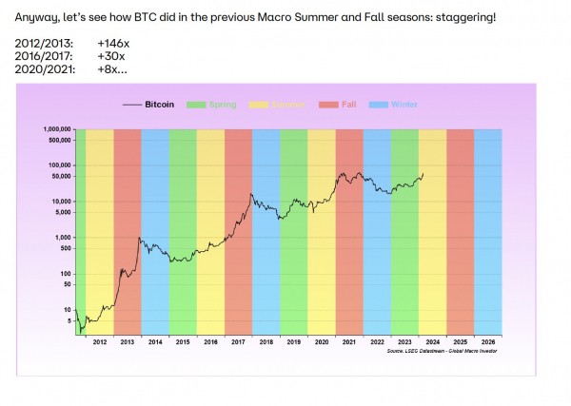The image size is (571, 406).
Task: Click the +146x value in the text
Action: [x=112, y=45]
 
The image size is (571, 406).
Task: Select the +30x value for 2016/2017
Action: [x=110, y=57]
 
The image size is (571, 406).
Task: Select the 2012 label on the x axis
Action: [x=99, y=341]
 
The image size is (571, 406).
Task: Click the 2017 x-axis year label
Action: [x=238, y=341]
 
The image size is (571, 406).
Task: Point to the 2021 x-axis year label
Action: [x=349, y=341]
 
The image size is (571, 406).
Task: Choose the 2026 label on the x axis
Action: [x=488, y=341]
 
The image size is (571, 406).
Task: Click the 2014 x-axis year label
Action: [x=155, y=341]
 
